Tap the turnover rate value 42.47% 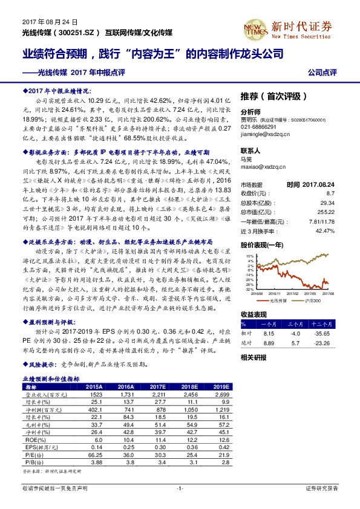point(325,231)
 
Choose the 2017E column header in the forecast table point(159,386)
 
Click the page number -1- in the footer point(179,488)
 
